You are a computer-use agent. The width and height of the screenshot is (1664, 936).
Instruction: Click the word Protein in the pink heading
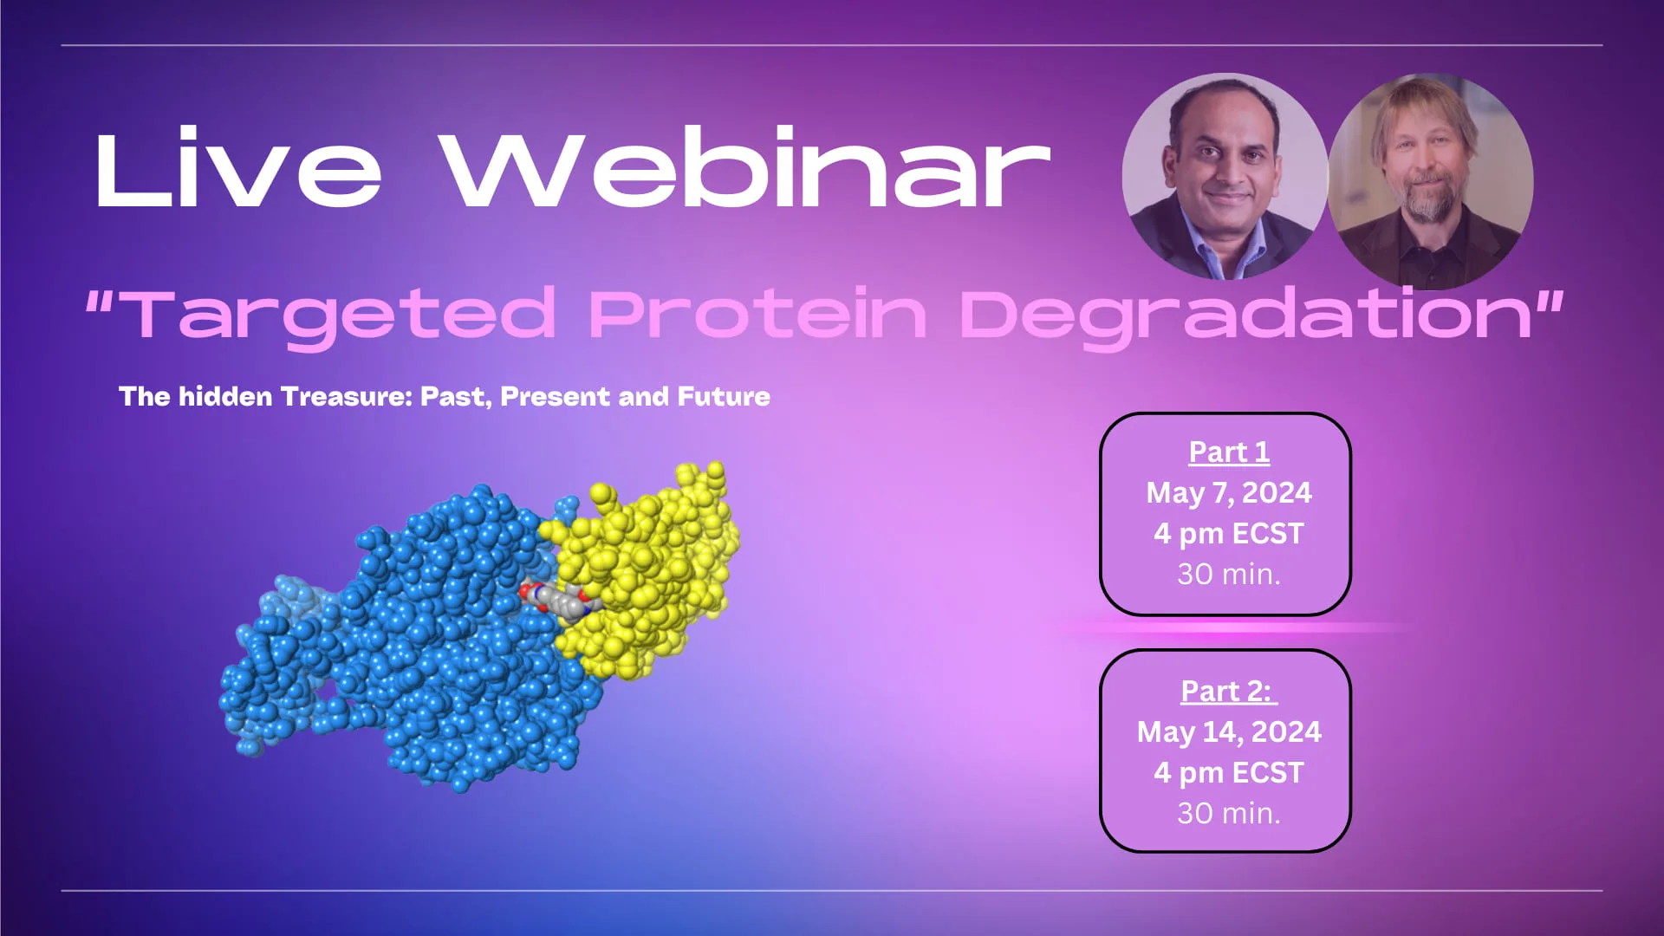coord(757,314)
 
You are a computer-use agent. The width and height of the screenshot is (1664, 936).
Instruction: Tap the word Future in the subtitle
coord(724,397)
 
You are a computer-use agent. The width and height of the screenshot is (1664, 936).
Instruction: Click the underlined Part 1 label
coord(1229,452)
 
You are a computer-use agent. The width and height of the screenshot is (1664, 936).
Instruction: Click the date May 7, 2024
coord(1229,493)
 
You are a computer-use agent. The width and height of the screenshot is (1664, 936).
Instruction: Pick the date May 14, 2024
coord(1229,732)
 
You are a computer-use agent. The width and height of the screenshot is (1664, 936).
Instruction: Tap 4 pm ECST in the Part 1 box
coord(1229,534)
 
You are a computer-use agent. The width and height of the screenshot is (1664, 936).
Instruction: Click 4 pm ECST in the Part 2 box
coord(1229,773)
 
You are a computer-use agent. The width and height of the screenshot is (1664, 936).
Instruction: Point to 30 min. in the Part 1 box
coord(1229,575)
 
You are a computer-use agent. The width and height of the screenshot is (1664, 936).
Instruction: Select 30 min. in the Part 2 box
coord(1229,814)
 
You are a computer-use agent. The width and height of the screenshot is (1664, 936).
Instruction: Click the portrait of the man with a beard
coord(1430,182)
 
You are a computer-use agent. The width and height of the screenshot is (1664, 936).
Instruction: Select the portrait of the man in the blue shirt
coord(1225,177)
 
